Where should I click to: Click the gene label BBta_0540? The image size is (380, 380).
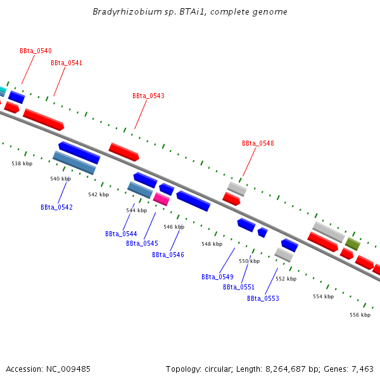(35, 51)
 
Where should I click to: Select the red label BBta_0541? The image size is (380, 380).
(66, 63)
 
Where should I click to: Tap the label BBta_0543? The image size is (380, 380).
(148, 96)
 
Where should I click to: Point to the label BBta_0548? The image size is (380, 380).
(258, 143)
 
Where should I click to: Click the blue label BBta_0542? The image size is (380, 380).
(56, 207)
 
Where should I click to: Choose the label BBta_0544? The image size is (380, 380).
(121, 234)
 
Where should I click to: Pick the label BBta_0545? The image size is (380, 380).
(142, 243)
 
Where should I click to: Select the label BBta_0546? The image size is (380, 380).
(168, 255)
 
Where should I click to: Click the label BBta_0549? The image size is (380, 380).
(217, 277)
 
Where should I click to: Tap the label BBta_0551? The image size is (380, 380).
(239, 287)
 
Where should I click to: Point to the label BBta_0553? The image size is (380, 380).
(263, 298)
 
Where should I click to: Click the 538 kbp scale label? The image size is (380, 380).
(22, 163)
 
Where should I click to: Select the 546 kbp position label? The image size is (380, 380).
(174, 227)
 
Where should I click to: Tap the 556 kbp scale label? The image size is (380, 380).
(360, 315)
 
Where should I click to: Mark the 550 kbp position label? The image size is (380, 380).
(249, 261)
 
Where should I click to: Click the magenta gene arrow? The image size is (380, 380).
(161, 199)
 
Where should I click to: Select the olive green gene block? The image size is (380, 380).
(353, 243)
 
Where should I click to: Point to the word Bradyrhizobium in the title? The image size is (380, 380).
(123, 12)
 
